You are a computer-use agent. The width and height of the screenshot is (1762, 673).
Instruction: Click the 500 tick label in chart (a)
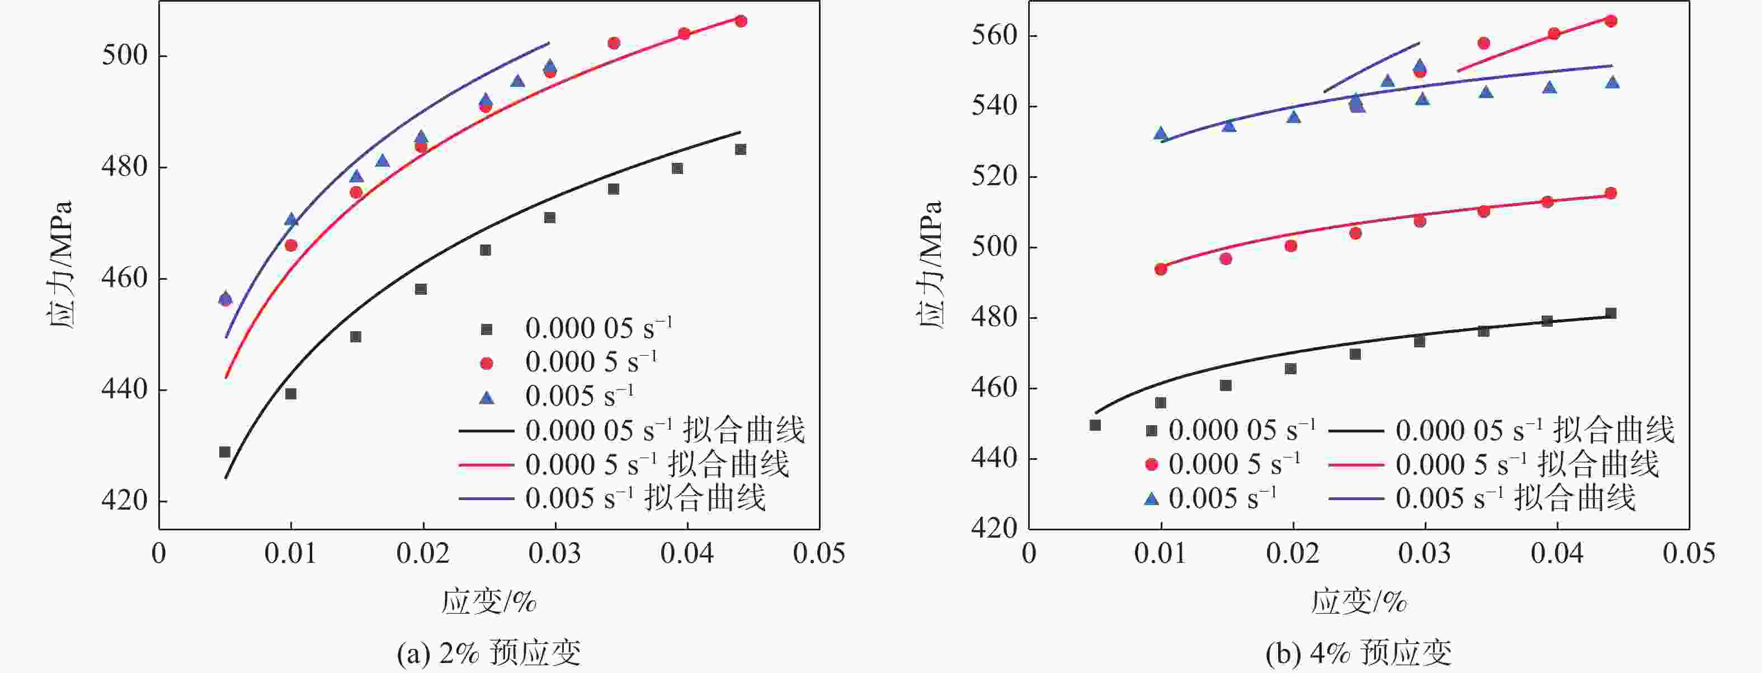point(125,55)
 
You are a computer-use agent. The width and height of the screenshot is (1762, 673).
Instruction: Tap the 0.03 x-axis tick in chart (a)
point(555,553)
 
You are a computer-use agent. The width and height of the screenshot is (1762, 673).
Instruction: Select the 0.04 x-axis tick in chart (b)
point(1557,553)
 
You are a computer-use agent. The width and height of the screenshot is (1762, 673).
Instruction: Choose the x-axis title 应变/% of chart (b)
point(1359,602)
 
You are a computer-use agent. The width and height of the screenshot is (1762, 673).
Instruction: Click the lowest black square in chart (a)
point(224,451)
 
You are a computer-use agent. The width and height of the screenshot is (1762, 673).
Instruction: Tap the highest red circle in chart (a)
point(740,21)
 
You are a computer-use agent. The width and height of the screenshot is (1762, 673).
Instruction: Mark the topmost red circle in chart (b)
point(1611,21)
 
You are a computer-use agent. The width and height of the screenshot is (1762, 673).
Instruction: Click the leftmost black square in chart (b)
point(1095,425)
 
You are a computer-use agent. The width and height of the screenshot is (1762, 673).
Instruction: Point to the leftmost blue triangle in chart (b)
point(1161,133)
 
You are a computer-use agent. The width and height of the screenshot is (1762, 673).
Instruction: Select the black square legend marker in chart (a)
point(486,330)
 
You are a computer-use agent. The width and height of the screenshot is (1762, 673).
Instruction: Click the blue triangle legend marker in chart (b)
point(1151,499)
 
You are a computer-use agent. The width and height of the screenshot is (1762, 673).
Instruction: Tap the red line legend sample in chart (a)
point(486,465)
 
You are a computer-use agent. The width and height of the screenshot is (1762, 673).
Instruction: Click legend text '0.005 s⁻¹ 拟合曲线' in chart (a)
point(645,498)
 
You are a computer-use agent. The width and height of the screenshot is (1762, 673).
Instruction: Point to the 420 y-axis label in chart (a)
point(125,501)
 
